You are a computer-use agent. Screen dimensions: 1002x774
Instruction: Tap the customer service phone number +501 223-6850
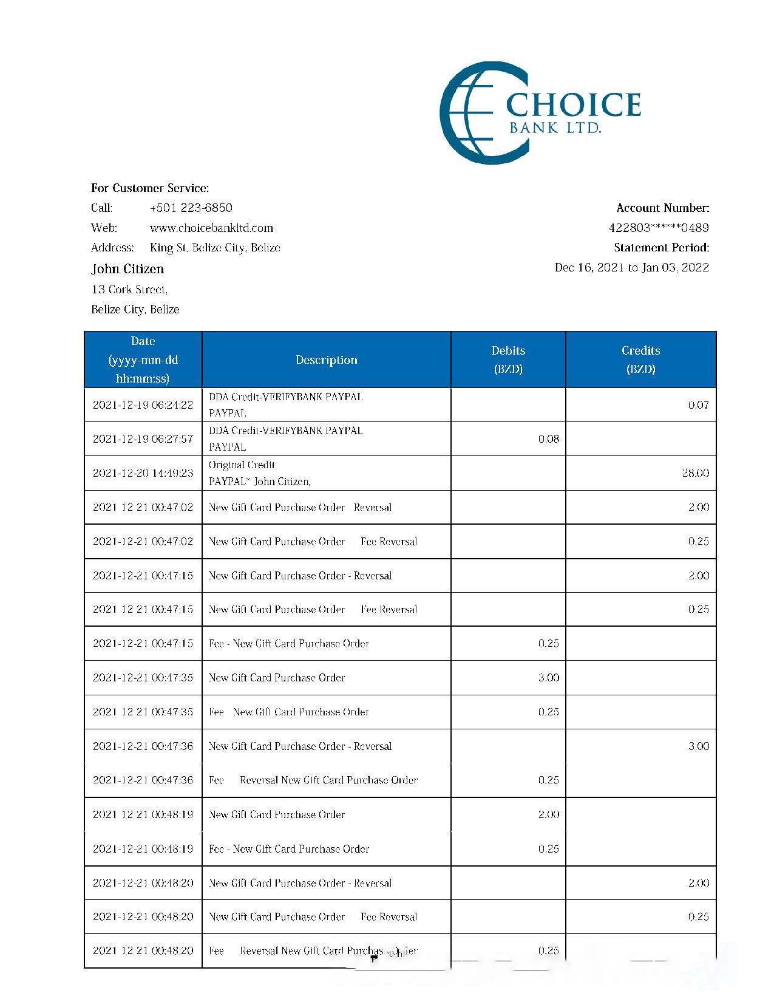pyautogui.click(x=191, y=208)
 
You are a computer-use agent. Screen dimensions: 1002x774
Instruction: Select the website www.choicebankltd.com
pyautogui.click(x=211, y=228)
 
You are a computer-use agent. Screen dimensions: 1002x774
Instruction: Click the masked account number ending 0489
pyautogui.click(x=659, y=228)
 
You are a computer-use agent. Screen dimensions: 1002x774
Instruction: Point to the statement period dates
pyautogui.click(x=631, y=267)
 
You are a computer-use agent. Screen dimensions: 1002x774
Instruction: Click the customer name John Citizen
pyautogui.click(x=127, y=268)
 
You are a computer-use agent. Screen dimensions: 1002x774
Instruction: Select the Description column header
pyautogui.click(x=326, y=360)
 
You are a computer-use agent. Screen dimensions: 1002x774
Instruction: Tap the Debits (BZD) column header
pyautogui.click(x=508, y=360)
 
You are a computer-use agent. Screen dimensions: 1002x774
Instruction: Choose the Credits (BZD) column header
pyautogui.click(x=640, y=360)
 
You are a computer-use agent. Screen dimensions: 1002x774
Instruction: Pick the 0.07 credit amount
pyautogui.click(x=698, y=405)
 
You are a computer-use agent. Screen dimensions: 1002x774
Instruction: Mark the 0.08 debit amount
pyautogui.click(x=548, y=439)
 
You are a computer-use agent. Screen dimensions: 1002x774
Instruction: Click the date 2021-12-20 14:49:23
pyautogui.click(x=143, y=473)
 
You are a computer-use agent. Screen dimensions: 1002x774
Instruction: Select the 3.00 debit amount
pyautogui.click(x=548, y=678)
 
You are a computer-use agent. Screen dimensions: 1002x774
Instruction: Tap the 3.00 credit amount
pyautogui.click(x=698, y=746)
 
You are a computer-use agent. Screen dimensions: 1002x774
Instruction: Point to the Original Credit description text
pyautogui.click(x=242, y=465)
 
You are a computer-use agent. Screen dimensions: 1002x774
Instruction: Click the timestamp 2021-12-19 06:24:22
pyautogui.click(x=143, y=405)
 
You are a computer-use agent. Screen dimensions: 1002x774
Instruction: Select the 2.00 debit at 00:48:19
pyautogui.click(x=548, y=814)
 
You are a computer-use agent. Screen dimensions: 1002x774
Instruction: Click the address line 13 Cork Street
pyautogui.click(x=129, y=289)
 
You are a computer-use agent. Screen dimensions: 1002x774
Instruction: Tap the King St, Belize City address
pyautogui.click(x=215, y=248)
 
